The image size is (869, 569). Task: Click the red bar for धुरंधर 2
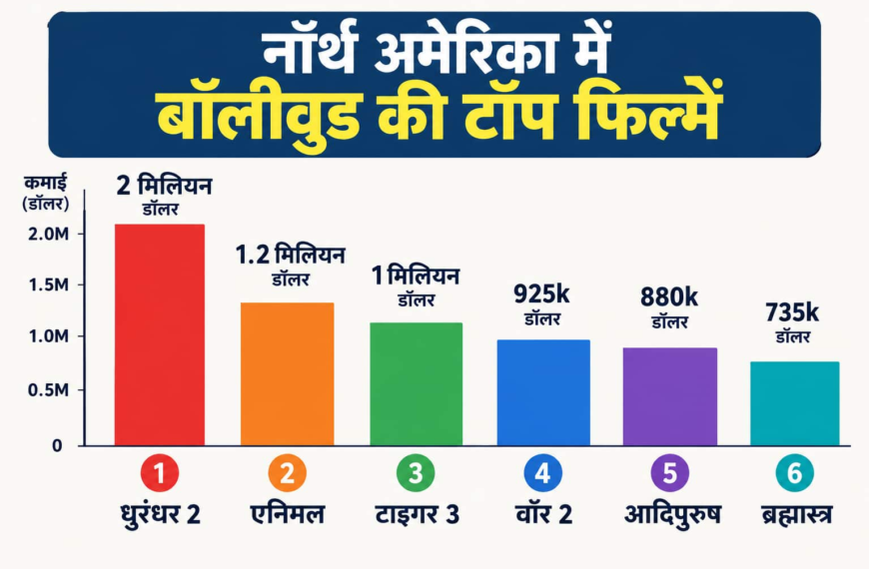(x=160, y=334)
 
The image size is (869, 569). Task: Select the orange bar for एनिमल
(x=287, y=374)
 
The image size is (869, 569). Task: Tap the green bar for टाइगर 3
(x=417, y=384)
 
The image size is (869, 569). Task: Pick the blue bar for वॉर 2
(x=543, y=393)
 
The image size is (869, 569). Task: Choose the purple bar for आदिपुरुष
(x=670, y=396)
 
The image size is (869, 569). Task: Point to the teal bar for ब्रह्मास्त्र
(x=795, y=403)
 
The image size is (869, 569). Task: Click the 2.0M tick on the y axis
(x=49, y=235)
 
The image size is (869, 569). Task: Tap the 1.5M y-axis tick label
(x=49, y=285)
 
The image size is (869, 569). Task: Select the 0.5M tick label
(x=49, y=390)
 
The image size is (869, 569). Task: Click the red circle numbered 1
(x=160, y=473)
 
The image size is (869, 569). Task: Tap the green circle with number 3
(x=416, y=473)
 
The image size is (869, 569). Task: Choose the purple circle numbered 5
(x=670, y=473)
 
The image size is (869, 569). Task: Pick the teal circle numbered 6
(x=795, y=473)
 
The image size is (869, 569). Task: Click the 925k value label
(x=541, y=294)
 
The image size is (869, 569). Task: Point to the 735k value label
(x=792, y=313)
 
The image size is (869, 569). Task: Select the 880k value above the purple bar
(x=669, y=297)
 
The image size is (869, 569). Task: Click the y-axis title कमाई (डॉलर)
(x=46, y=193)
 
